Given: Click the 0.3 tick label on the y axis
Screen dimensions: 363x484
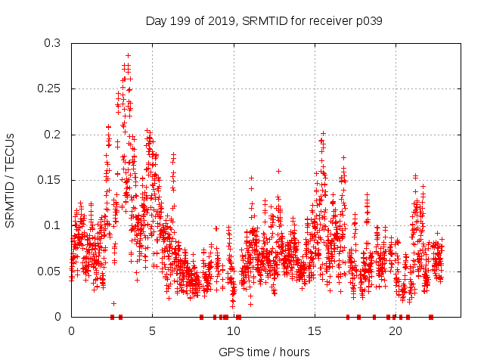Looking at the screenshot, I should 52,43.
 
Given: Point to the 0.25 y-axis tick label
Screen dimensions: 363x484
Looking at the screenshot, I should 49,88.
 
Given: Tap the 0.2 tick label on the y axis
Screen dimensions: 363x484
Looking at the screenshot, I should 52,135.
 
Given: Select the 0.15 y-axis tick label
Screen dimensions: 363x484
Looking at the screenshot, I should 49,180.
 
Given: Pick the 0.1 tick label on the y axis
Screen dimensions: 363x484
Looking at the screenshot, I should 52,225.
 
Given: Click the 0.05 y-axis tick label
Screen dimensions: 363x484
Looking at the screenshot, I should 49,271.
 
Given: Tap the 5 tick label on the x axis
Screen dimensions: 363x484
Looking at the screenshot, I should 152,331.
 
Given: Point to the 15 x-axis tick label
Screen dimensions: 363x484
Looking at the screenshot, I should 314,331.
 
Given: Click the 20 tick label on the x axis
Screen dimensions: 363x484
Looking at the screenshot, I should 395,331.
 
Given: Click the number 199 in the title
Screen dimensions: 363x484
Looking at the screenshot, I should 180,21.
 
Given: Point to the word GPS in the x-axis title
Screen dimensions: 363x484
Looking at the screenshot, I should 230,352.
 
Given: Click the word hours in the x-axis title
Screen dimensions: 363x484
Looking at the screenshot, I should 295,352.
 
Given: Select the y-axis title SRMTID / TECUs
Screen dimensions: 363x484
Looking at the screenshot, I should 11,180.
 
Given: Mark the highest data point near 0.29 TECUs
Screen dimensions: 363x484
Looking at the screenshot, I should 128,55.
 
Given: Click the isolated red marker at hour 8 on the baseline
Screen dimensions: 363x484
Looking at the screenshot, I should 201,317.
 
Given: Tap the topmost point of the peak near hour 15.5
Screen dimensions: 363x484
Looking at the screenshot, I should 324,133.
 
